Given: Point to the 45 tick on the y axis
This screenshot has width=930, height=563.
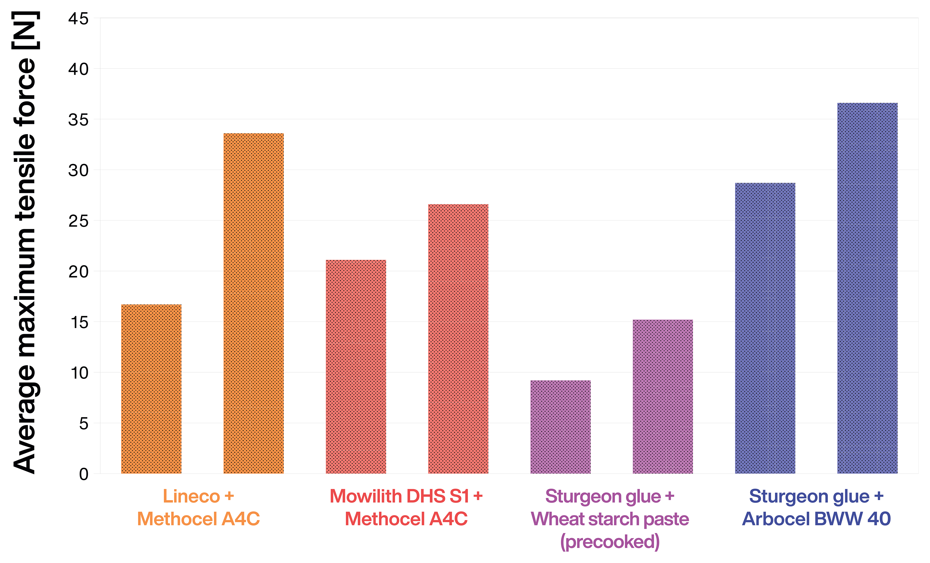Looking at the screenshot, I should [78, 19].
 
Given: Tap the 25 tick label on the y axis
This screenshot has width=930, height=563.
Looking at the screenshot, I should [78, 221].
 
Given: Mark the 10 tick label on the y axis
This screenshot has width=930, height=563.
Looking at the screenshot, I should [79, 373].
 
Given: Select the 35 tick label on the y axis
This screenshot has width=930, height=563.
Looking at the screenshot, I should [78, 120].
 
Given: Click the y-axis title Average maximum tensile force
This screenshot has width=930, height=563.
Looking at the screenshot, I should [24, 242].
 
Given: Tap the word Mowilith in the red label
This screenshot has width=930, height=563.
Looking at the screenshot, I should [365, 496].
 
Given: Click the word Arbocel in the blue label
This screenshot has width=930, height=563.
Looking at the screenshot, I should [776, 519].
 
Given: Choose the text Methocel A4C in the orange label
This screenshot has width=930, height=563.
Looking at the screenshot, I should [198, 519].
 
